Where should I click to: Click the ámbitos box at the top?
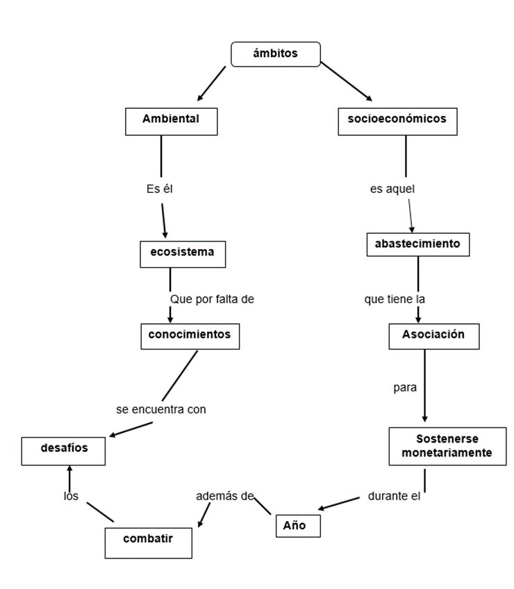click(275, 54)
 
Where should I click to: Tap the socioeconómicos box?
click(397, 121)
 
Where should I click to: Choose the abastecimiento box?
click(417, 245)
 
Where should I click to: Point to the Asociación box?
click(433, 336)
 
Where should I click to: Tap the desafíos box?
click(63, 450)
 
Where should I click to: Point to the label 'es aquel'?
click(392, 189)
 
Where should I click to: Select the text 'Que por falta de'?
click(213, 299)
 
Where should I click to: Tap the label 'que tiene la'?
click(395, 299)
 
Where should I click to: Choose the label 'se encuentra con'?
click(161, 409)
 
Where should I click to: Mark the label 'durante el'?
click(395, 497)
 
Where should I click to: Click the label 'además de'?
click(224, 496)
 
